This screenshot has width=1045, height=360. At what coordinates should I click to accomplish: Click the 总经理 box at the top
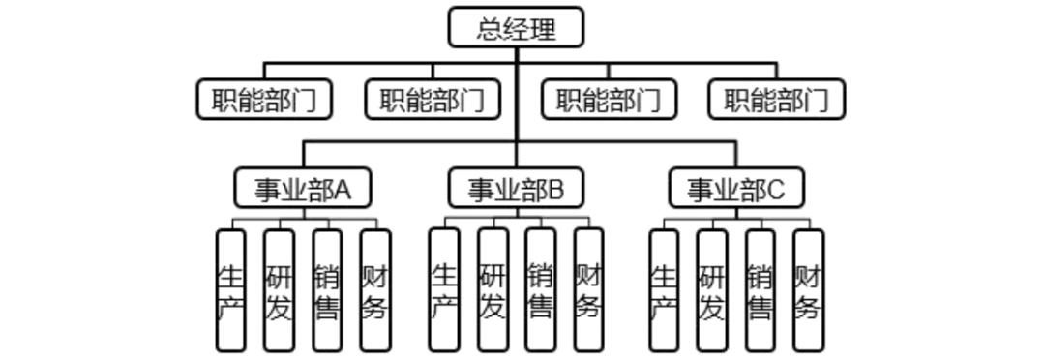pos(516,27)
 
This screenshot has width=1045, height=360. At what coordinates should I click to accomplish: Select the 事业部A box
pos(303,189)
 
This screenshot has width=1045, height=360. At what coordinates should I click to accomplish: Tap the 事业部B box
pos(516,189)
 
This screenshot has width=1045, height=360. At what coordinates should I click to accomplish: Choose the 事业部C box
pos(736,189)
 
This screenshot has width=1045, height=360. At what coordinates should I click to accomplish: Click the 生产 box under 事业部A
pos(230,290)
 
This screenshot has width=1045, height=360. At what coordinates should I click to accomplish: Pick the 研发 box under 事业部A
pos(279,290)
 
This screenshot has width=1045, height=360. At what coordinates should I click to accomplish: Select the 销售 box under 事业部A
pos(327,290)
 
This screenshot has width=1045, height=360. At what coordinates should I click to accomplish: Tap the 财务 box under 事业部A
pos(375,290)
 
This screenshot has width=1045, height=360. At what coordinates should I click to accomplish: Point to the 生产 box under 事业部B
pos(444,290)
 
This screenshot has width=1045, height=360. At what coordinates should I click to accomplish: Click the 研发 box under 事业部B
pos(493,290)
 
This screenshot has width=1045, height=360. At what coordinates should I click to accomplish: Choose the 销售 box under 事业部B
pos(541,290)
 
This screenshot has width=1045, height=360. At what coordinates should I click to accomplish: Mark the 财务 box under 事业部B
pos(588,290)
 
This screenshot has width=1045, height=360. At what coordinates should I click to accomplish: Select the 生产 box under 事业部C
pos(664,290)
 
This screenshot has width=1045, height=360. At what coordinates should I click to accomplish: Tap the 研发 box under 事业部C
pos(712,290)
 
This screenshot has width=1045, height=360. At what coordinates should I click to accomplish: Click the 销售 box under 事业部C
pos(761,290)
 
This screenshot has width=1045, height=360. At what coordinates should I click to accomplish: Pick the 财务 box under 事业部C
pos(809,290)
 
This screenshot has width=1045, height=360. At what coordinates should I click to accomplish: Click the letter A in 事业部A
pos(343,190)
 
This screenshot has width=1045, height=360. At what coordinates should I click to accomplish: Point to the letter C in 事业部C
pos(775,190)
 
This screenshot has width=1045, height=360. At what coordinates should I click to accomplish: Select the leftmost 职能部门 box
pos(264,100)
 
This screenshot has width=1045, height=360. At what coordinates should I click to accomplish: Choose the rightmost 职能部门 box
pos(776,100)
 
